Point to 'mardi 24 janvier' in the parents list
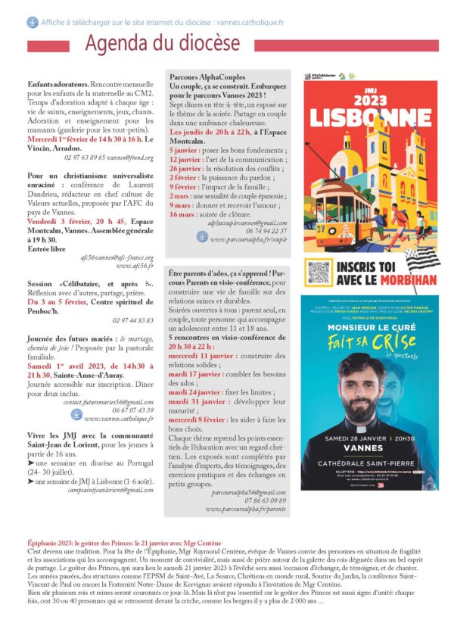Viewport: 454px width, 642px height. coord(192,393)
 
